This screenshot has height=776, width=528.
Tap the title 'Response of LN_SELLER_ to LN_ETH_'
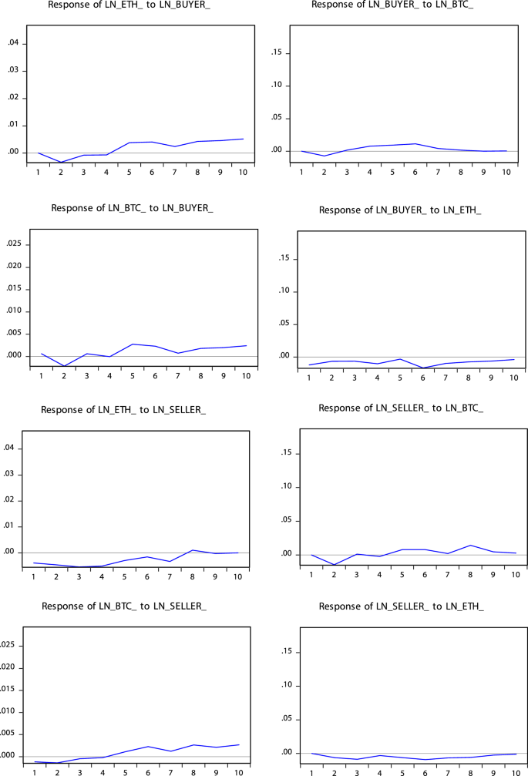click(401, 607)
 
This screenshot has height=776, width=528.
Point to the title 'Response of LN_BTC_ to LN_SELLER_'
click(123, 607)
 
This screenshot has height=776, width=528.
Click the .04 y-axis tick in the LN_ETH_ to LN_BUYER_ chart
click(12, 43)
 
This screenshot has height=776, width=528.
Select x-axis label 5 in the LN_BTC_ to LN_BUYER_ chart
click(133, 375)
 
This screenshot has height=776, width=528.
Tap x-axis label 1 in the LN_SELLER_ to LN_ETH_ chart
click(312, 771)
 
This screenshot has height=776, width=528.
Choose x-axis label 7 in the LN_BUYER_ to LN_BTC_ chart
click(438, 171)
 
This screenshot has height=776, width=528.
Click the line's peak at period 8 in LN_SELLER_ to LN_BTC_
click(469, 546)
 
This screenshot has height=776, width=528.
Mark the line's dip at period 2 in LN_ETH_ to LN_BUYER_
click(61, 163)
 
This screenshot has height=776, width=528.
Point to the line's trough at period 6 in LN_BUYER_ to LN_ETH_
click(423, 368)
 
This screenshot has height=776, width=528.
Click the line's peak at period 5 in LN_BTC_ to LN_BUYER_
click(133, 344)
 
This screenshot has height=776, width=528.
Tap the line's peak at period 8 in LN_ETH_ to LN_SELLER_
click(193, 550)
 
